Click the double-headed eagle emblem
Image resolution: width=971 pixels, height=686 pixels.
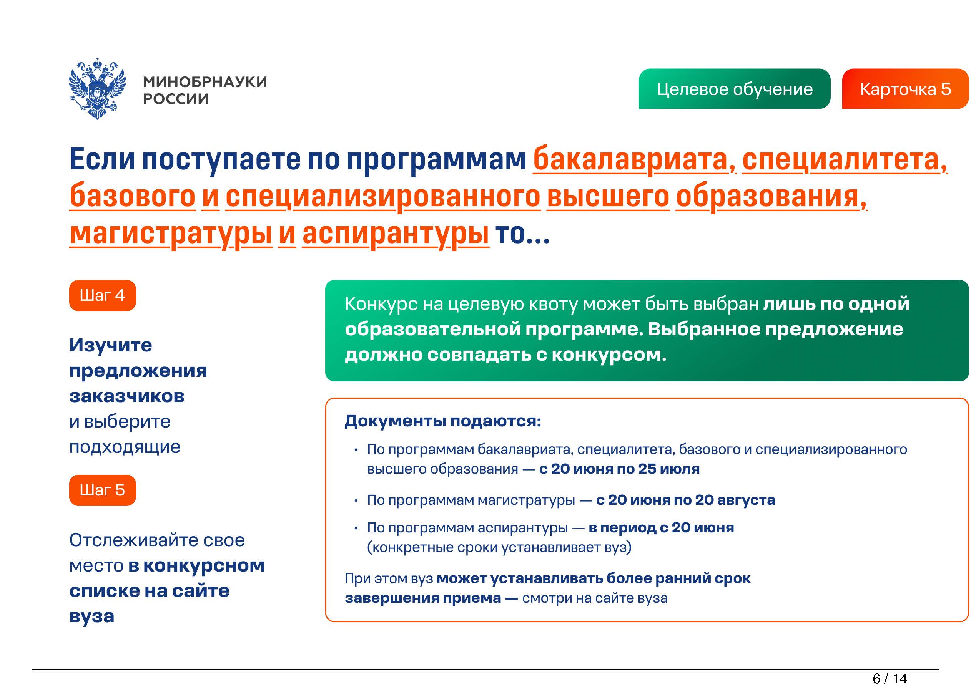(x=97, y=88)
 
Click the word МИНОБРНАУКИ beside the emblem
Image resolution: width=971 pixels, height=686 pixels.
(x=205, y=81)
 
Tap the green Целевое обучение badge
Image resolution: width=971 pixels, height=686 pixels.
(x=734, y=89)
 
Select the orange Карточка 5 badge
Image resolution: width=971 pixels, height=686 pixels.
(x=905, y=89)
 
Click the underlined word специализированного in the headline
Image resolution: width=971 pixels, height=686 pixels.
(x=383, y=197)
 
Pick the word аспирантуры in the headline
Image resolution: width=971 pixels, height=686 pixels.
(x=396, y=234)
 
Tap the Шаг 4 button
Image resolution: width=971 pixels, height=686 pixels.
(x=102, y=295)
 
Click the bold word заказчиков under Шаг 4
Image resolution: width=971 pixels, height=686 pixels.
(x=127, y=396)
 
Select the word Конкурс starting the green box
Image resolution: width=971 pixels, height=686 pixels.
(x=381, y=304)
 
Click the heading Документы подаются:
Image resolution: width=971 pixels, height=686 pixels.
(x=443, y=421)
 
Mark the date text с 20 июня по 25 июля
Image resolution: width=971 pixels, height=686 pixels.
(x=620, y=469)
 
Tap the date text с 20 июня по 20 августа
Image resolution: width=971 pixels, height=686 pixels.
(x=685, y=500)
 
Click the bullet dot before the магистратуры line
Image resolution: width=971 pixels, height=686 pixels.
(x=356, y=501)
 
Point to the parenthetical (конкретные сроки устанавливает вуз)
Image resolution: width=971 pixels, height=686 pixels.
(x=499, y=547)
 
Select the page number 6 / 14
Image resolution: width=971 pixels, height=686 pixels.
(x=890, y=678)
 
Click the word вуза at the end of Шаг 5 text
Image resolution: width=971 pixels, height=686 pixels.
(x=92, y=617)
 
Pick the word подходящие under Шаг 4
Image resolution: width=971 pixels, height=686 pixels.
(x=125, y=447)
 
